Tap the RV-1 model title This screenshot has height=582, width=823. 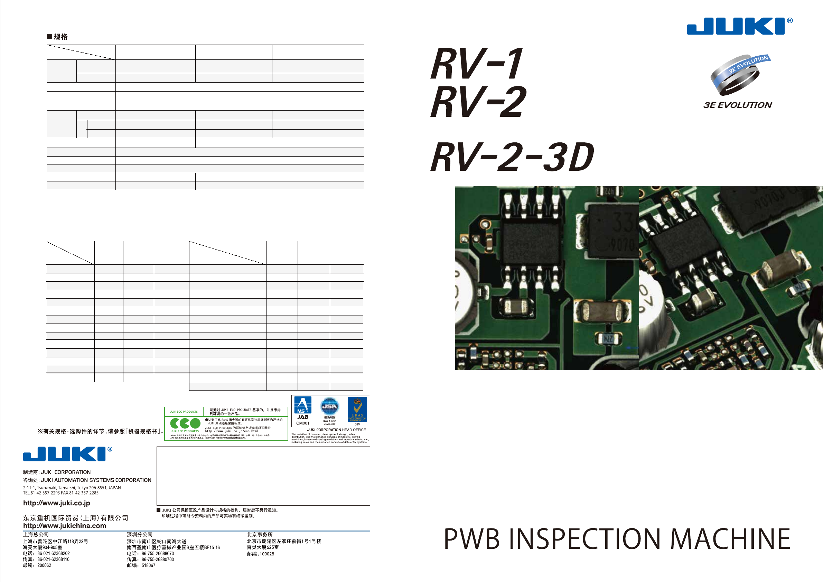pos(477,64)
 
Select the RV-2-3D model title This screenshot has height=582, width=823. pos(512,157)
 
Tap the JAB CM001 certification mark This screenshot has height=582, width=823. pos(302,411)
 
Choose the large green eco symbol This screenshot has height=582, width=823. pos(185,424)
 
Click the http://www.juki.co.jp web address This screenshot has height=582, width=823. pos(57,503)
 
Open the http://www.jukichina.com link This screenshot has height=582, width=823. pos(65,526)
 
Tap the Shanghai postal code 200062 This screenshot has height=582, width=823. pos(44,565)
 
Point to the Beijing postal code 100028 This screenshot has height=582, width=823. pos(267,554)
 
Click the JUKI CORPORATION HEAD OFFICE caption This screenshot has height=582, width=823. pos(336,430)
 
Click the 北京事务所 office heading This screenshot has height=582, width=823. pos(260,534)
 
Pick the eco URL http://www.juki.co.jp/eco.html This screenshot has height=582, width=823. pos(231,431)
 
